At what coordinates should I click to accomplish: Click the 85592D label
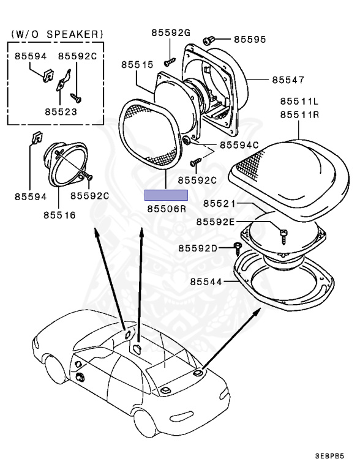click(198, 248)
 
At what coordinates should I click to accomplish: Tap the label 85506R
click(166, 209)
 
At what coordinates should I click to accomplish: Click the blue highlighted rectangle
click(166, 195)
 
